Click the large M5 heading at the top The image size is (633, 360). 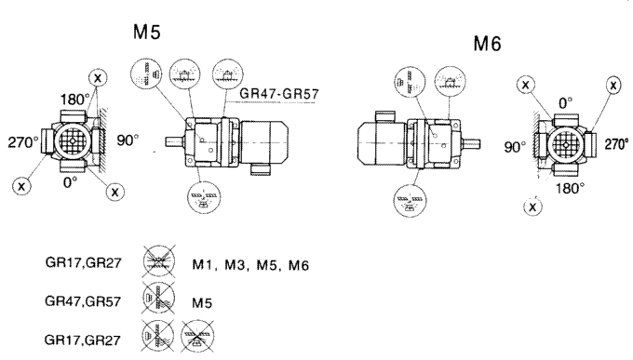coord(147,33)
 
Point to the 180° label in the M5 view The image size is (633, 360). coord(73,99)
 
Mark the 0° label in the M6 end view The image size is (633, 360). coord(564,103)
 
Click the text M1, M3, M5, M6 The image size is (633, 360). coord(249,267)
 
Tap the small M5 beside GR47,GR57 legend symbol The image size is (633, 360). coord(202,302)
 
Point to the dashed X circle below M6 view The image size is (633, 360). coord(532,207)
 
